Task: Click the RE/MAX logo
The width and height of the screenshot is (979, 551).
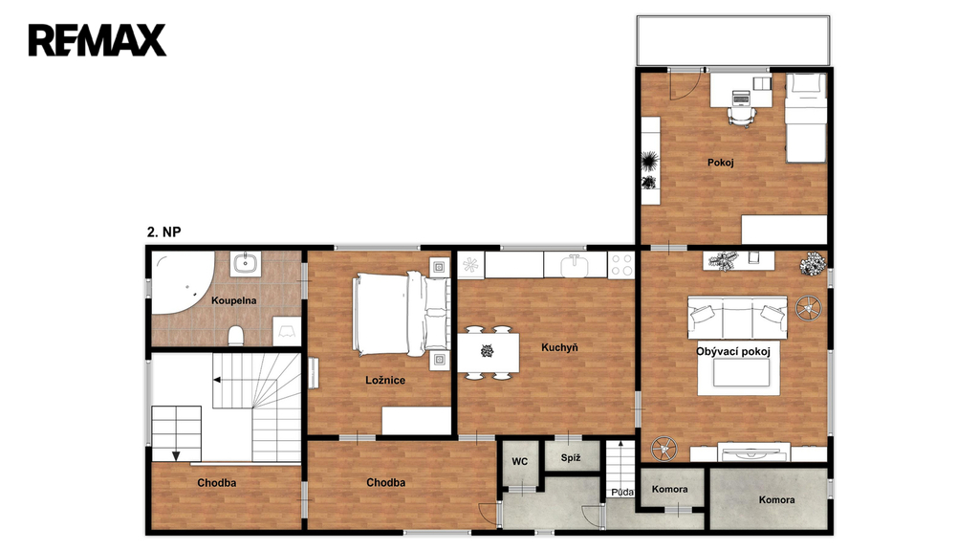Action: coord(97,40)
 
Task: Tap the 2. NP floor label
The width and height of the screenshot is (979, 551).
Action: coord(164,231)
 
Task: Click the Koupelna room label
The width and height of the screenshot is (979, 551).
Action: coord(233,300)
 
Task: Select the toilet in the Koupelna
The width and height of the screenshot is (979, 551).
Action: coord(235,336)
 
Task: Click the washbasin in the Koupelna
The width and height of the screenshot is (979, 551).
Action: coord(246,263)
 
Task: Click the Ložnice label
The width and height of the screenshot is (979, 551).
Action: coord(385,380)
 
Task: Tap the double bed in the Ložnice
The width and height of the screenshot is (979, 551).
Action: coord(401,314)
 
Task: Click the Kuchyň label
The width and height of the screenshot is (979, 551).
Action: coord(559,347)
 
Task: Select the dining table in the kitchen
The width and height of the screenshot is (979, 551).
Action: coord(489,352)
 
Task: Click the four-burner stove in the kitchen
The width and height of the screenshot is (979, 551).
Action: coord(621,265)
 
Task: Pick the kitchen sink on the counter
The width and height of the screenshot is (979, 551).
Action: coord(575,266)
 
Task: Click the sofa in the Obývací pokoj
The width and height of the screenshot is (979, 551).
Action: coord(737,318)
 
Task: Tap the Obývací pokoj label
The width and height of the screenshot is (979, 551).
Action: coord(733,351)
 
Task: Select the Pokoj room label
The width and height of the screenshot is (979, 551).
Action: coord(721,163)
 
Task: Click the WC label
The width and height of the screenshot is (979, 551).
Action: coord(519,462)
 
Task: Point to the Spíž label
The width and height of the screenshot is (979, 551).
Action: coord(571,458)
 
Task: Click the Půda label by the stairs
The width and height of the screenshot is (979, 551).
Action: coord(622,493)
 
